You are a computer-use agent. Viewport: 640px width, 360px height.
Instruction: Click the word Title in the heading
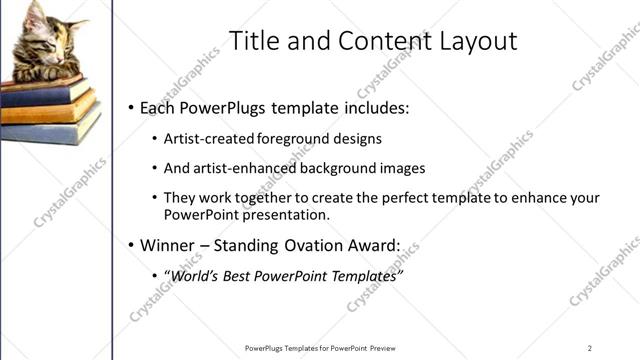pyautogui.click(x=253, y=41)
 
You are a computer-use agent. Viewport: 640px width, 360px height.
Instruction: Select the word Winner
pyautogui.click(x=169, y=245)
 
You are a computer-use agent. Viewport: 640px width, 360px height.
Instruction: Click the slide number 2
pyautogui.click(x=590, y=348)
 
